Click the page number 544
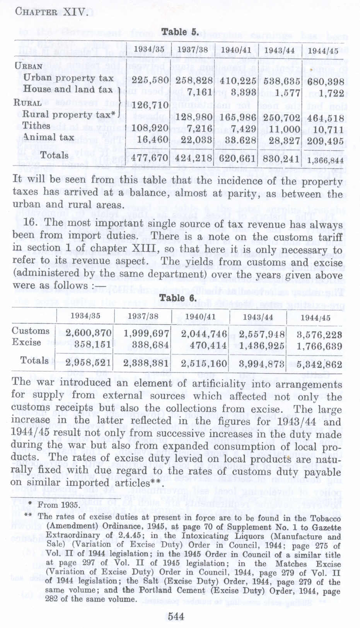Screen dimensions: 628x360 [176, 616]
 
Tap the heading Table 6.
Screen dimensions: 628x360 [178, 298]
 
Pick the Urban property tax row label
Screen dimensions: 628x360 [68, 78]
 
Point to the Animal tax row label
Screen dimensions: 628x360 [48, 137]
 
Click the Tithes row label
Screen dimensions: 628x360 [36, 126]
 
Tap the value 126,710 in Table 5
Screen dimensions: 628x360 [150, 105]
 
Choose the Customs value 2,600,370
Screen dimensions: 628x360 [89, 334]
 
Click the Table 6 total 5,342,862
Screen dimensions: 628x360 [319, 364]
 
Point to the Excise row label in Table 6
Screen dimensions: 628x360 [26, 342]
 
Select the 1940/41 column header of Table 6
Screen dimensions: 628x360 [200, 317]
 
